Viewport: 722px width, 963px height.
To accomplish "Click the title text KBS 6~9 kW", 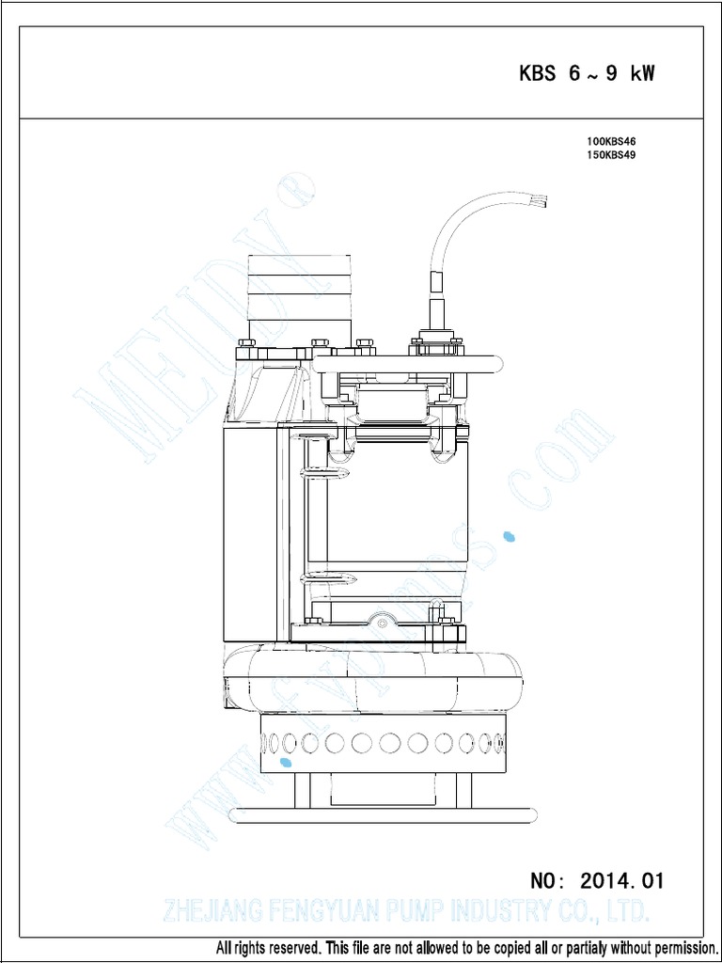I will click(587, 73).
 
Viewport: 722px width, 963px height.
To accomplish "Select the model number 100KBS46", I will click(612, 142).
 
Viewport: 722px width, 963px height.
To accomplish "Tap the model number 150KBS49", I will click(612, 156).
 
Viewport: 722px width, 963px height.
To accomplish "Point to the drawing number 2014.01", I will click(621, 881).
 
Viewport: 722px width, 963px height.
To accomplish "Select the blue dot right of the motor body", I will click(510, 537).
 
